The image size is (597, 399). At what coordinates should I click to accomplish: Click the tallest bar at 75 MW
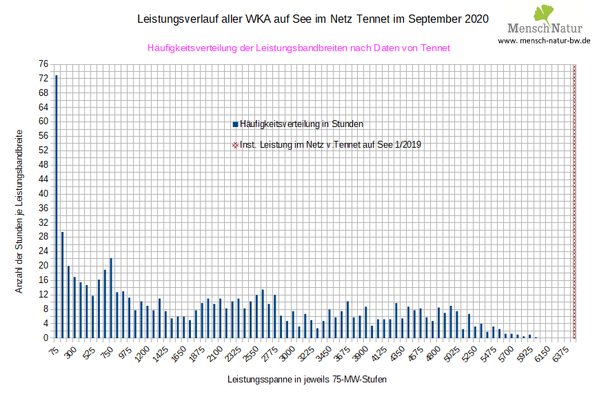point(56,206)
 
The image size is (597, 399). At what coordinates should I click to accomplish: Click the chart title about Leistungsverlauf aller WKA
point(314,19)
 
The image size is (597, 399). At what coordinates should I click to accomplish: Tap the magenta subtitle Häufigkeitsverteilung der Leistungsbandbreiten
point(299,48)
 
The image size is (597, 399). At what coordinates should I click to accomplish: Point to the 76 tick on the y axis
point(43,64)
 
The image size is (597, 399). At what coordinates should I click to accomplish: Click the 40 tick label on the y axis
point(43,194)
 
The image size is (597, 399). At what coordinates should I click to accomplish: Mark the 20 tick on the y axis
point(43,266)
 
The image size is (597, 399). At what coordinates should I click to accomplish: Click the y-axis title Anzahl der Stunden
point(19,211)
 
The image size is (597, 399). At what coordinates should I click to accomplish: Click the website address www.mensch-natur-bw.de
point(544,40)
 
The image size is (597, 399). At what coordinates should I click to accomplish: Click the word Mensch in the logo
point(528,28)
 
